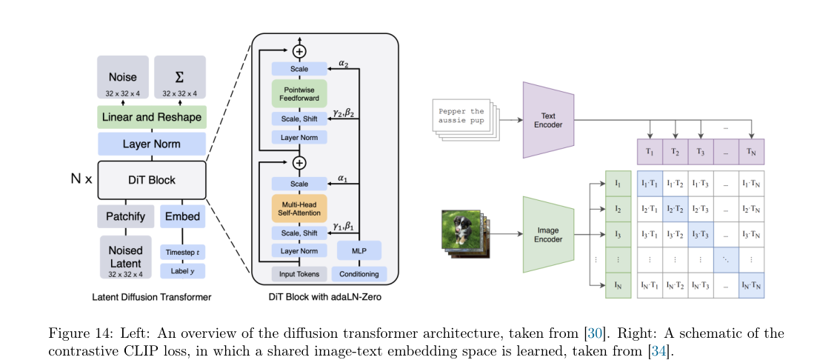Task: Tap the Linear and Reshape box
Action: pos(151,117)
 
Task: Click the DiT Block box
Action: pos(151,180)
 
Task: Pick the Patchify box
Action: pos(125,217)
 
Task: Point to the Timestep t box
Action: pos(182,252)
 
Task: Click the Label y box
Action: pos(182,270)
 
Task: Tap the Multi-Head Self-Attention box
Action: pos(299,209)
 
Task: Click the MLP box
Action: pos(359,250)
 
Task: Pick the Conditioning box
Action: pos(359,274)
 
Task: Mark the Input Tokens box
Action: pos(299,274)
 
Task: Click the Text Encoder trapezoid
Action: pos(549,120)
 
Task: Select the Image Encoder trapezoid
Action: pos(549,235)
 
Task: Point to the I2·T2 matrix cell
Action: pos(675,210)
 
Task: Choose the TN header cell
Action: pos(751,152)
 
